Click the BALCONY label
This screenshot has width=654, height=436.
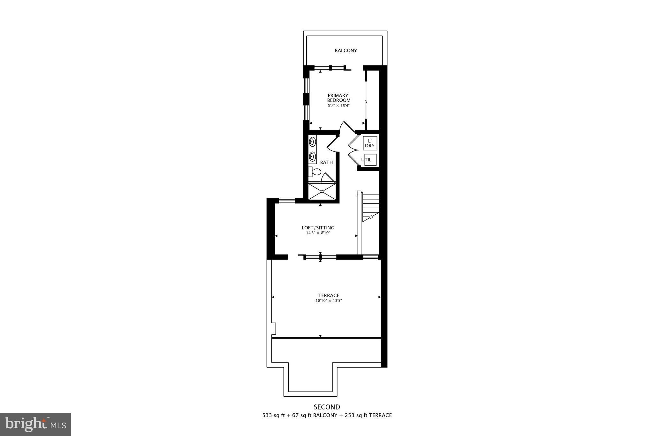click(346, 50)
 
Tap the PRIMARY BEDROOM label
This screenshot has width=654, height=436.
click(338, 98)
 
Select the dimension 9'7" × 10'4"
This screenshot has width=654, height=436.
click(338, 105)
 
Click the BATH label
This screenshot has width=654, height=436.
click(326, 162)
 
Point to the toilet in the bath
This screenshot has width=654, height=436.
click(315, 172)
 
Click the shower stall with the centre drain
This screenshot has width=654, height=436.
click(322, 192)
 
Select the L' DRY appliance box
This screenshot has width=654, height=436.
click(370, 143)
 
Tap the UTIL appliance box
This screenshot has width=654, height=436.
click(370, 160)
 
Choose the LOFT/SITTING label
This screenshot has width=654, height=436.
click(318, 228)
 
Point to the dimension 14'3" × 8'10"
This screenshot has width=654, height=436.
click(318, 233)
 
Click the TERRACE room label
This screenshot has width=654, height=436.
click(329, 295)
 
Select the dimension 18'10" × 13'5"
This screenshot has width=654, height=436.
click(329, 301)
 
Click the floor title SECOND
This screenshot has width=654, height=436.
click(327, 407)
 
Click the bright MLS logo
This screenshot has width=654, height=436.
click(35, 425)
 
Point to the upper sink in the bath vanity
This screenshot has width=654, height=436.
click(312, 142)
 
